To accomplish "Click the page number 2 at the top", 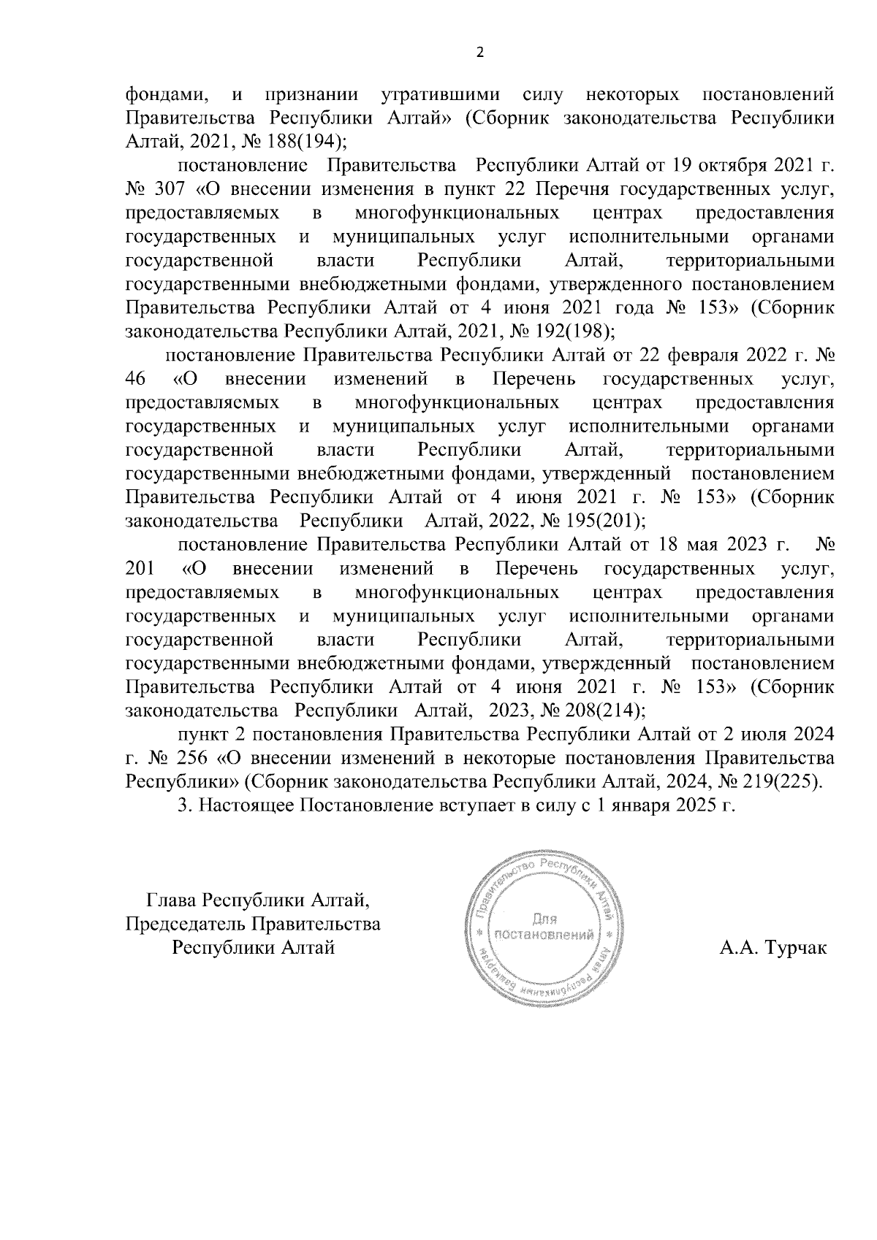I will [x=479, y=53].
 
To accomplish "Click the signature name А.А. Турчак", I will [x=773, y=949].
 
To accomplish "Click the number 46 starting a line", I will [x=136, y=379].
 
